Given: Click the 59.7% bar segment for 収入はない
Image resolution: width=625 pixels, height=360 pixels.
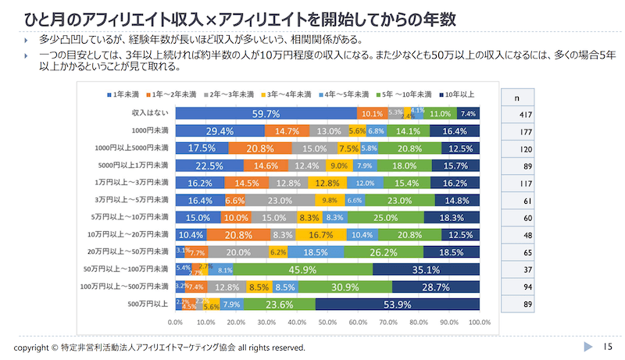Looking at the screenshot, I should point(266,114).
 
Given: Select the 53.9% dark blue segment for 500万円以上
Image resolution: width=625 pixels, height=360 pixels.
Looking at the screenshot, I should point(398,305).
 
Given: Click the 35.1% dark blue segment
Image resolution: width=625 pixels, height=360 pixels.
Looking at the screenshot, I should point(426,269).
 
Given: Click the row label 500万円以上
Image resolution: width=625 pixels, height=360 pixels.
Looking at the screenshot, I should point(148,305).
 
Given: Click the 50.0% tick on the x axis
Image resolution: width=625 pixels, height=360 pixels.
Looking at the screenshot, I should point(327,322).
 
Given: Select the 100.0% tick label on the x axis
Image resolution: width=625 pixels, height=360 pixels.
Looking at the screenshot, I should point(479,322).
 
